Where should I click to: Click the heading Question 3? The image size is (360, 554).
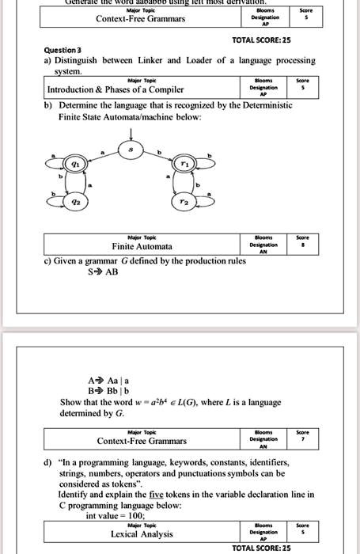[63, 49]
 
